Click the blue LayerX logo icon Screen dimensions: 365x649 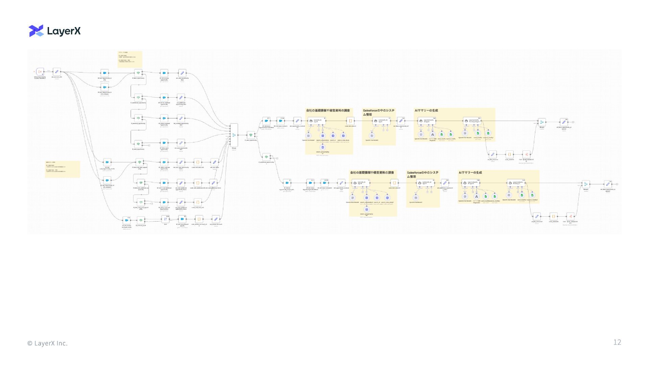tap(36, 31)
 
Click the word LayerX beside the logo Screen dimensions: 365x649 tap(64, 31)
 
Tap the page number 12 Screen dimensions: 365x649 tap(617, 342)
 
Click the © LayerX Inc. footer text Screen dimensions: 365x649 tap(47, 343)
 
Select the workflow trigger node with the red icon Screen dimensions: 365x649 tap(40, 72)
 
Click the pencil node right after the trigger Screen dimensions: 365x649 tap(57, 72)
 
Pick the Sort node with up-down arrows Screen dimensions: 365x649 tap(165, 219)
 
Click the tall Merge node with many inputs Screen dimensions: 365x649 tap(234, 135)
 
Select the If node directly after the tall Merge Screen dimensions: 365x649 tap(251, 135)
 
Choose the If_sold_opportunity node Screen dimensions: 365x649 tap(138, 144)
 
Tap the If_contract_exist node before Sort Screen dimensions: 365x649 tap(141, 220)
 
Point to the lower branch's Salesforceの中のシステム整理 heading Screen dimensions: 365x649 tap(423, 174)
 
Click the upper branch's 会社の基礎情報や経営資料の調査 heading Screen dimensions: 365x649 tap(328, 111)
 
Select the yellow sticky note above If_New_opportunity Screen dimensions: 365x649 tap(130, 59)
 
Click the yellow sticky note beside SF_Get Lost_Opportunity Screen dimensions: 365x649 tap(63, 169)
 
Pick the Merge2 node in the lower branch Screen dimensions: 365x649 tap(586, 184)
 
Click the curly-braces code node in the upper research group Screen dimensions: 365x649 tap(350, 121)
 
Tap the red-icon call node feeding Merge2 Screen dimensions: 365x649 tap(570, 216)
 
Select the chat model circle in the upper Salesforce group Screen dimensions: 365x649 tap(372, 136)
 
